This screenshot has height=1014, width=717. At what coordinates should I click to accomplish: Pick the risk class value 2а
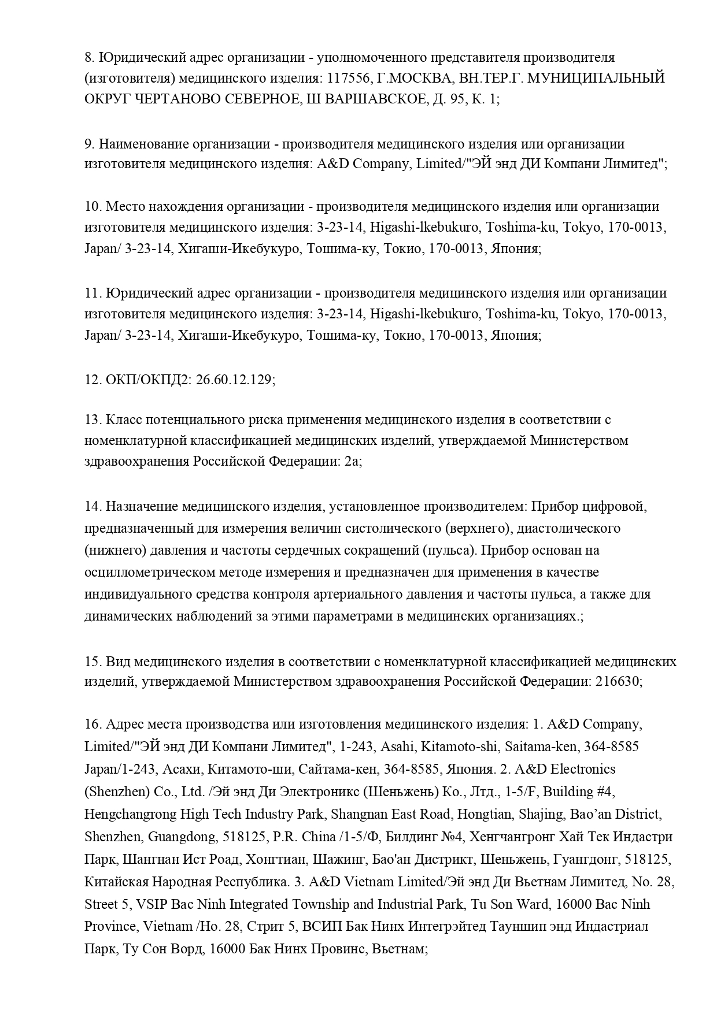point(353,462)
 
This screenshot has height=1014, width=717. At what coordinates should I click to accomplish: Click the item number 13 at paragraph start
point(93,419)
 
